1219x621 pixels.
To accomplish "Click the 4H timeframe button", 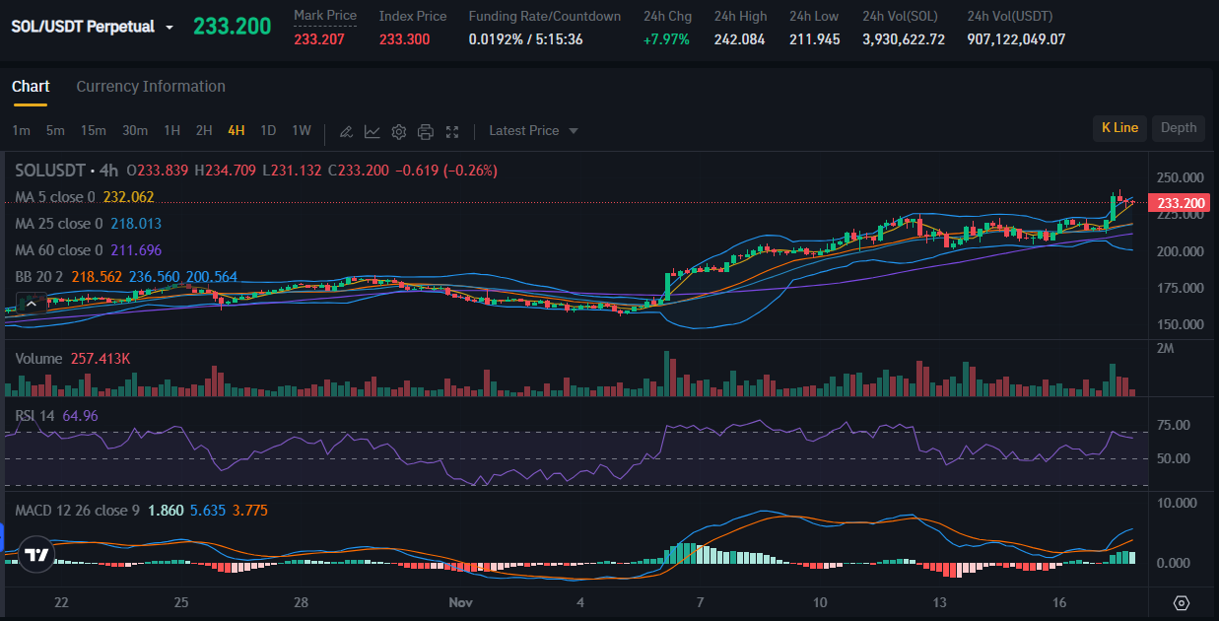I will (236, 130).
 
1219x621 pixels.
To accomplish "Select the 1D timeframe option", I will (268, 130).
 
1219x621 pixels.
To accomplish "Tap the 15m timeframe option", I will (94, 130).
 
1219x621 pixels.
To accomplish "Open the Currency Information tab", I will (151, 87).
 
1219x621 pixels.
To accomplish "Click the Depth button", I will (1178, 127).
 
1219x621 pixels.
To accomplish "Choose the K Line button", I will (1119, 127).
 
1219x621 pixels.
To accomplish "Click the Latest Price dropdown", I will (533, 130).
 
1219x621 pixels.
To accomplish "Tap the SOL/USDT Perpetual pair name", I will (83, 27).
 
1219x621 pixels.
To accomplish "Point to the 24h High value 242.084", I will (739, 39).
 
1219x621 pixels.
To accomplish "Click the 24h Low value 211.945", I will (814, 39).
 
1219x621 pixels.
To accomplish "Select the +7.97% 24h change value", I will (666, 39).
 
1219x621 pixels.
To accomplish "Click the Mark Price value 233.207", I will (319, 39).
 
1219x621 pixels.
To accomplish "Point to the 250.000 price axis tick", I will (1181, 177).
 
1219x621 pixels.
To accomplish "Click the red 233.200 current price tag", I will (1181, 203).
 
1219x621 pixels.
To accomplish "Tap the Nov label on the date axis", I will (460, 601).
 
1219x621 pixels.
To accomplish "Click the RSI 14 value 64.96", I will (80, 416).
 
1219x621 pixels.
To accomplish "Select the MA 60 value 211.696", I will (136, 250).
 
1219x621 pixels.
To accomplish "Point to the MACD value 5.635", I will (208, 511).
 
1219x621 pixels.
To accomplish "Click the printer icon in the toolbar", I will (426, 131).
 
